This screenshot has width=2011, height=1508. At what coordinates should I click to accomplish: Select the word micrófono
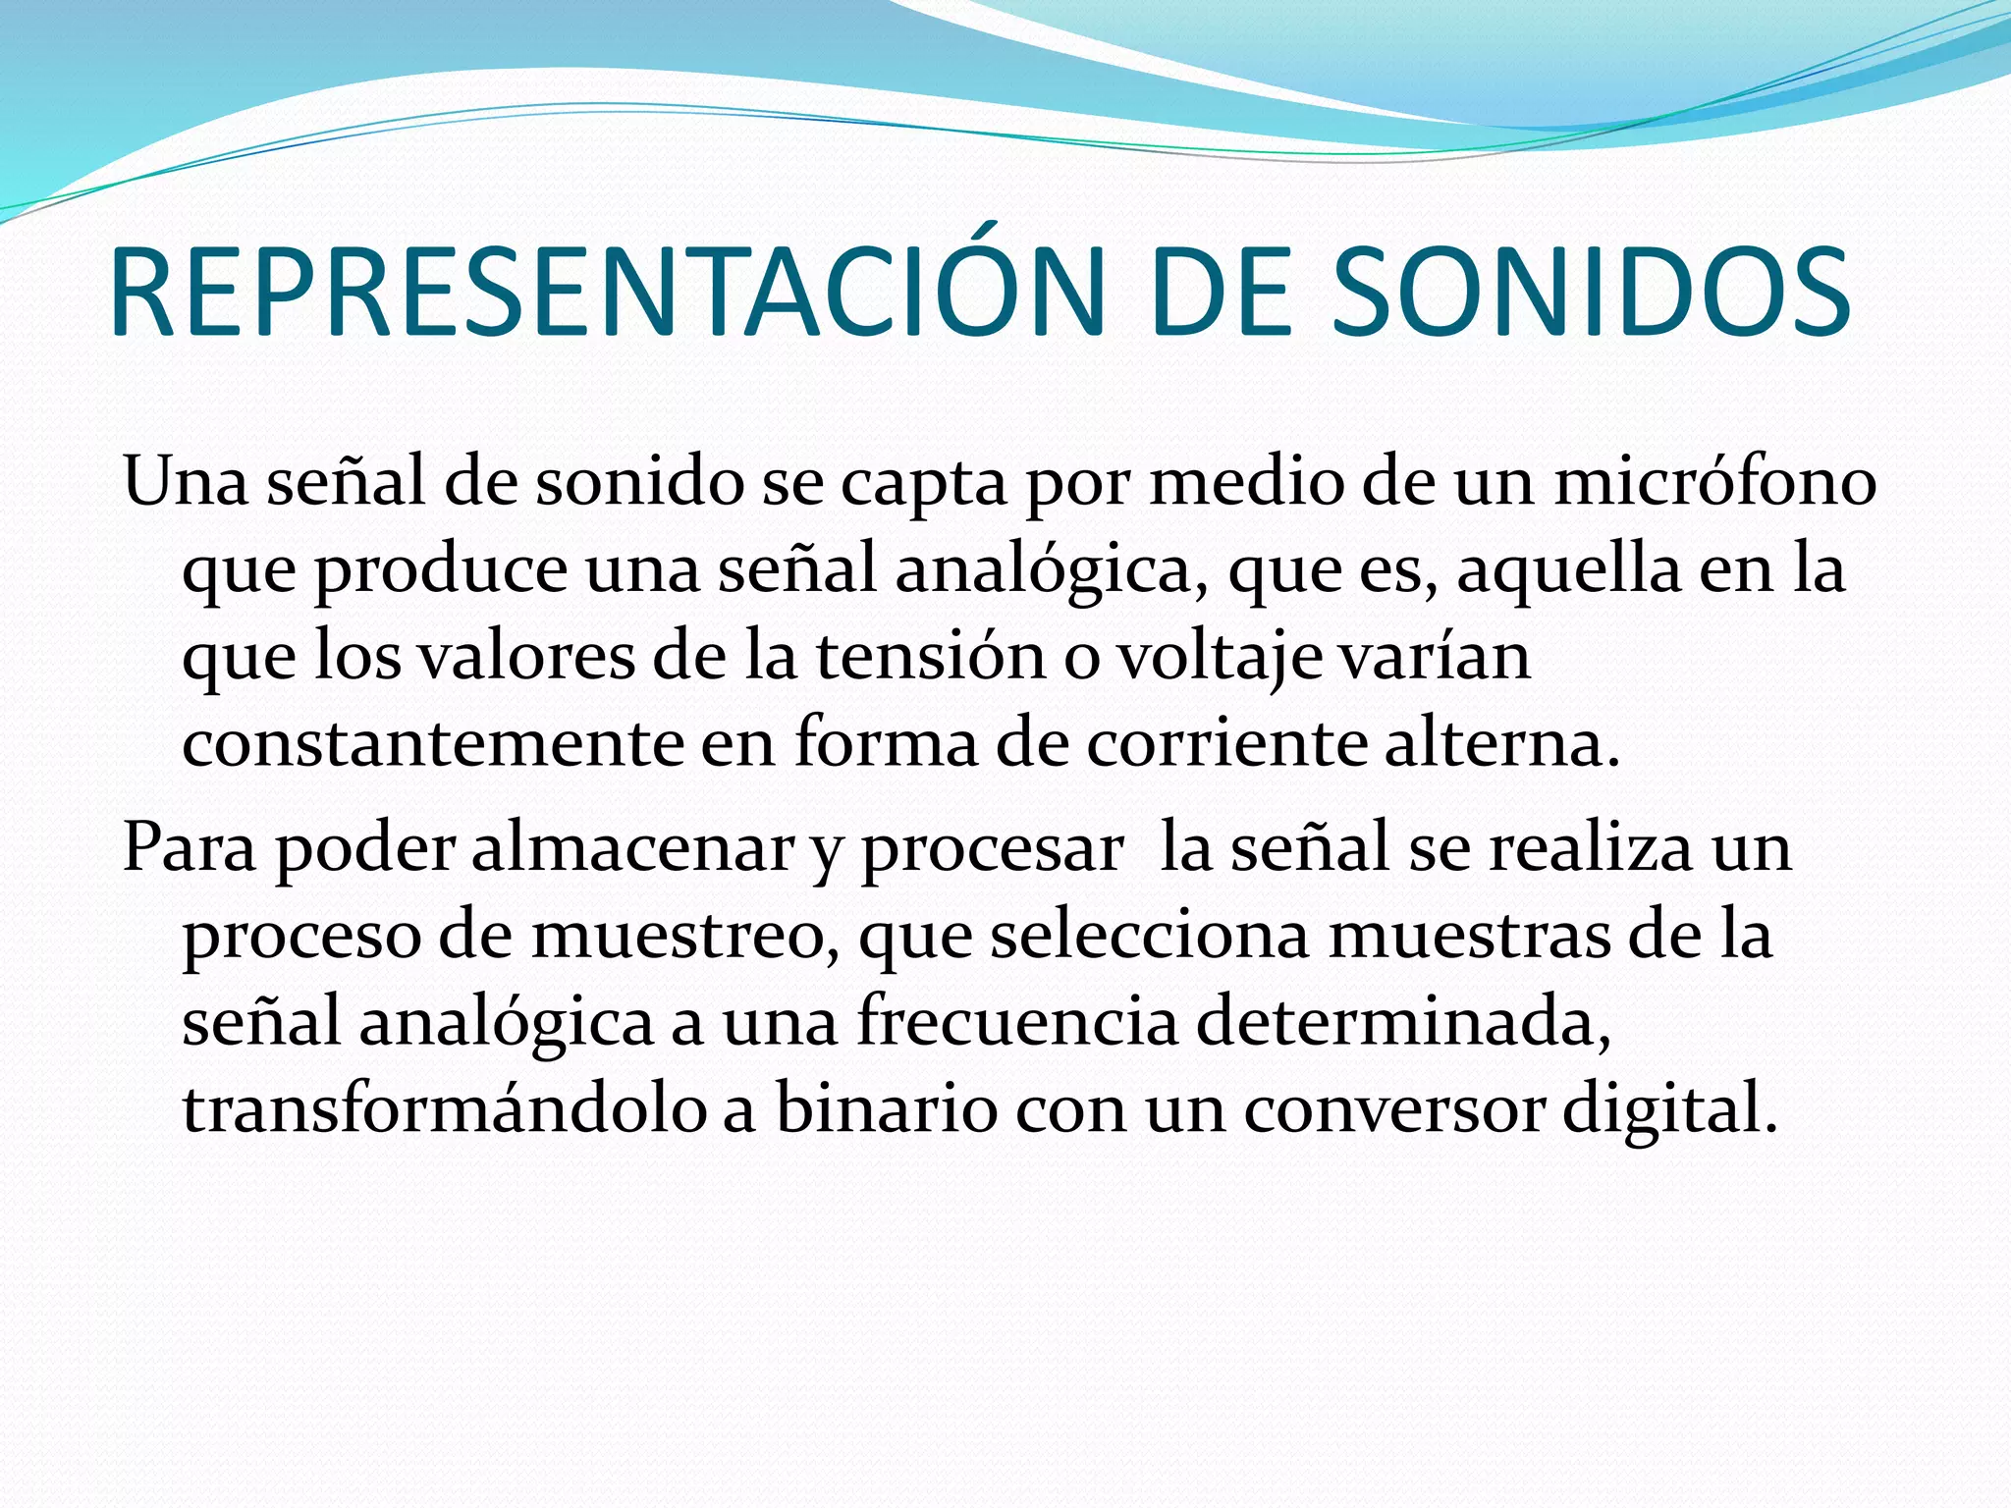click(1714, 483)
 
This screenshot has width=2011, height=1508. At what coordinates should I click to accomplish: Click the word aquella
click(1567, 570)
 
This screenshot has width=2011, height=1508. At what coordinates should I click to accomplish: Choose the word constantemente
click(432, 743)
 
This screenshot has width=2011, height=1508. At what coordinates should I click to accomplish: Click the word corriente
click(1226, 743)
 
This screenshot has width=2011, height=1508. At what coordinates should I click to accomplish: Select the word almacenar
click(632, 848)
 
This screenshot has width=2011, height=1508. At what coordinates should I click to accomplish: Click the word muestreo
click(686, 936)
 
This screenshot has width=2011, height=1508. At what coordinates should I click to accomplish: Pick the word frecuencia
click(1017, 1022)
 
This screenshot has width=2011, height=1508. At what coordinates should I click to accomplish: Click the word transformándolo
click(444, 1109)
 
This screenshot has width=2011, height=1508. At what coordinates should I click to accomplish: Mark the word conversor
click(1394, 1109)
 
